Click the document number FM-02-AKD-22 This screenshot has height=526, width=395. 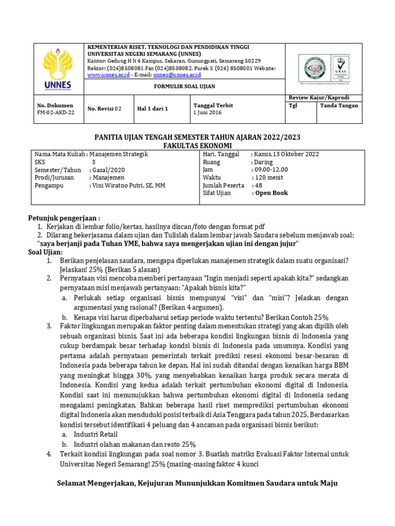[52, 113]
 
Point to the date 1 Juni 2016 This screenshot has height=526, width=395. [207, 113]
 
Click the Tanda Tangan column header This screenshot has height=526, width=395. [339, 106]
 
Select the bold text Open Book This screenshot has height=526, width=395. [270, 193]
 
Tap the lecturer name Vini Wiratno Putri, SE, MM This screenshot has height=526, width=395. [128, 185]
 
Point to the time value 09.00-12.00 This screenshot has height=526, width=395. [270, 170]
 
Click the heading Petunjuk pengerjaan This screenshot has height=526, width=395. [64, 218]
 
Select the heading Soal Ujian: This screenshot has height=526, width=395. [45, 252]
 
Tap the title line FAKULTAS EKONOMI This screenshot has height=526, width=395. [197, 146]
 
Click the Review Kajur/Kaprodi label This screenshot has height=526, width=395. [324, 98]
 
